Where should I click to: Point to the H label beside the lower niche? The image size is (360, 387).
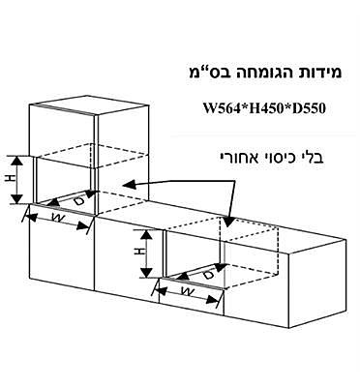click(x=138, y=250)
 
